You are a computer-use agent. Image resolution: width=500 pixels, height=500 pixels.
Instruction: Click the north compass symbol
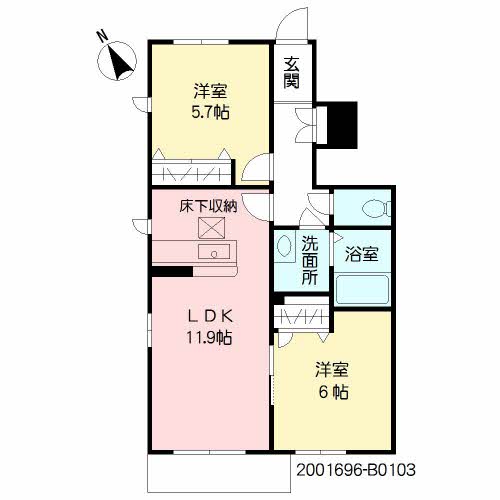click(x=117, y=61)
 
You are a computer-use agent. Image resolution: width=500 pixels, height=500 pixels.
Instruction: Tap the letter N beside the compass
click(x=103, y=36)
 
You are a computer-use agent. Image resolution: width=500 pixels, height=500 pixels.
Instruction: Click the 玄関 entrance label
click(x=291, y=72)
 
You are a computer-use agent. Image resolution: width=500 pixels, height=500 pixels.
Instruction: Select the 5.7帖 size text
click(x=210, y=112)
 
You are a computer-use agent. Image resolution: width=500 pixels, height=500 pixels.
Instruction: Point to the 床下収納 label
click(x=208, y=206)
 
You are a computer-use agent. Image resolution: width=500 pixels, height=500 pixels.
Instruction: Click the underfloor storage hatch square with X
click(x=211, y=228)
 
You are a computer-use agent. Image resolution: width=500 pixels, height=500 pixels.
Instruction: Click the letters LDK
click(x=209, y=317)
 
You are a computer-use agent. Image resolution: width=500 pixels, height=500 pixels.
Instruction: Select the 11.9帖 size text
click(x=209, y=338)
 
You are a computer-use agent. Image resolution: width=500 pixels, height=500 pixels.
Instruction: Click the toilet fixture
click(x=376, y=208)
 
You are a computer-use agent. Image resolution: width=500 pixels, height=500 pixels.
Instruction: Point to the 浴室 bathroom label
click(x=361, y=254)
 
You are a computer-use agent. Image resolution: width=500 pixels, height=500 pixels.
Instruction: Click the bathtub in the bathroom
click(x=362, y=289)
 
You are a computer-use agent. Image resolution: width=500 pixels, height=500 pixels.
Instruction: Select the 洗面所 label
click(x=310, y=260)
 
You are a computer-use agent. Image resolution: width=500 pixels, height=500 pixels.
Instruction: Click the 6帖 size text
click(x=334, y=392)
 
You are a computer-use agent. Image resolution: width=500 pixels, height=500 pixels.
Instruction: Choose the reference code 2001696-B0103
click(x=356, y=470)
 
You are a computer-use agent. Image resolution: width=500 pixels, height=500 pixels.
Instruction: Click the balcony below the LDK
click(x=219, y=472)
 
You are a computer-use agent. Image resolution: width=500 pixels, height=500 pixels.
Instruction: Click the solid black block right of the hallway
click(x=342, y=125)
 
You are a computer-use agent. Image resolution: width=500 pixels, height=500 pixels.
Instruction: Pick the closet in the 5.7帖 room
click(x=192, y=172)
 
